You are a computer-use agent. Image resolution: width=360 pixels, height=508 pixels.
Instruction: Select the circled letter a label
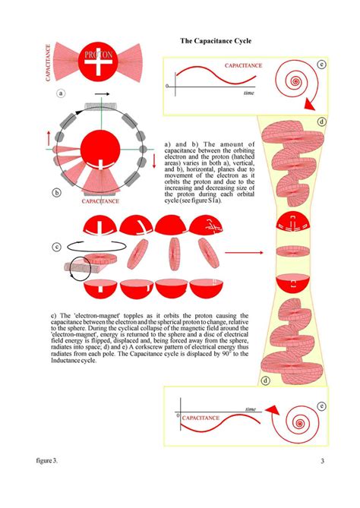tap(61, 94)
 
